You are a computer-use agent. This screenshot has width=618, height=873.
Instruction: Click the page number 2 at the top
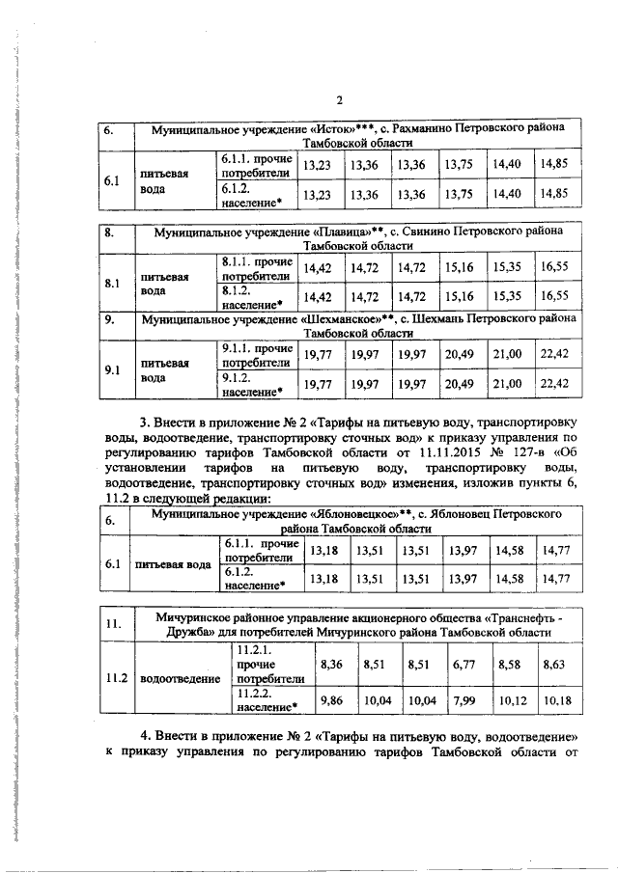pyautogui.click(x=339, y=100)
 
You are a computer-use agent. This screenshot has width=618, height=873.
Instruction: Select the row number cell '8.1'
pyautogui.click(x=111, y=285)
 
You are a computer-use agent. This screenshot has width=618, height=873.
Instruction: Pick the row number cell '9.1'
pyautogui.click(x=111, y=369)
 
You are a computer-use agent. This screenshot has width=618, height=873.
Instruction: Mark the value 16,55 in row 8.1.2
pyautogui.click(x=555, y=295)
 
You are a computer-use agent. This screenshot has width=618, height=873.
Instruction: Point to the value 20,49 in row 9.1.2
pyautogui.click(x=461, y=384)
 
